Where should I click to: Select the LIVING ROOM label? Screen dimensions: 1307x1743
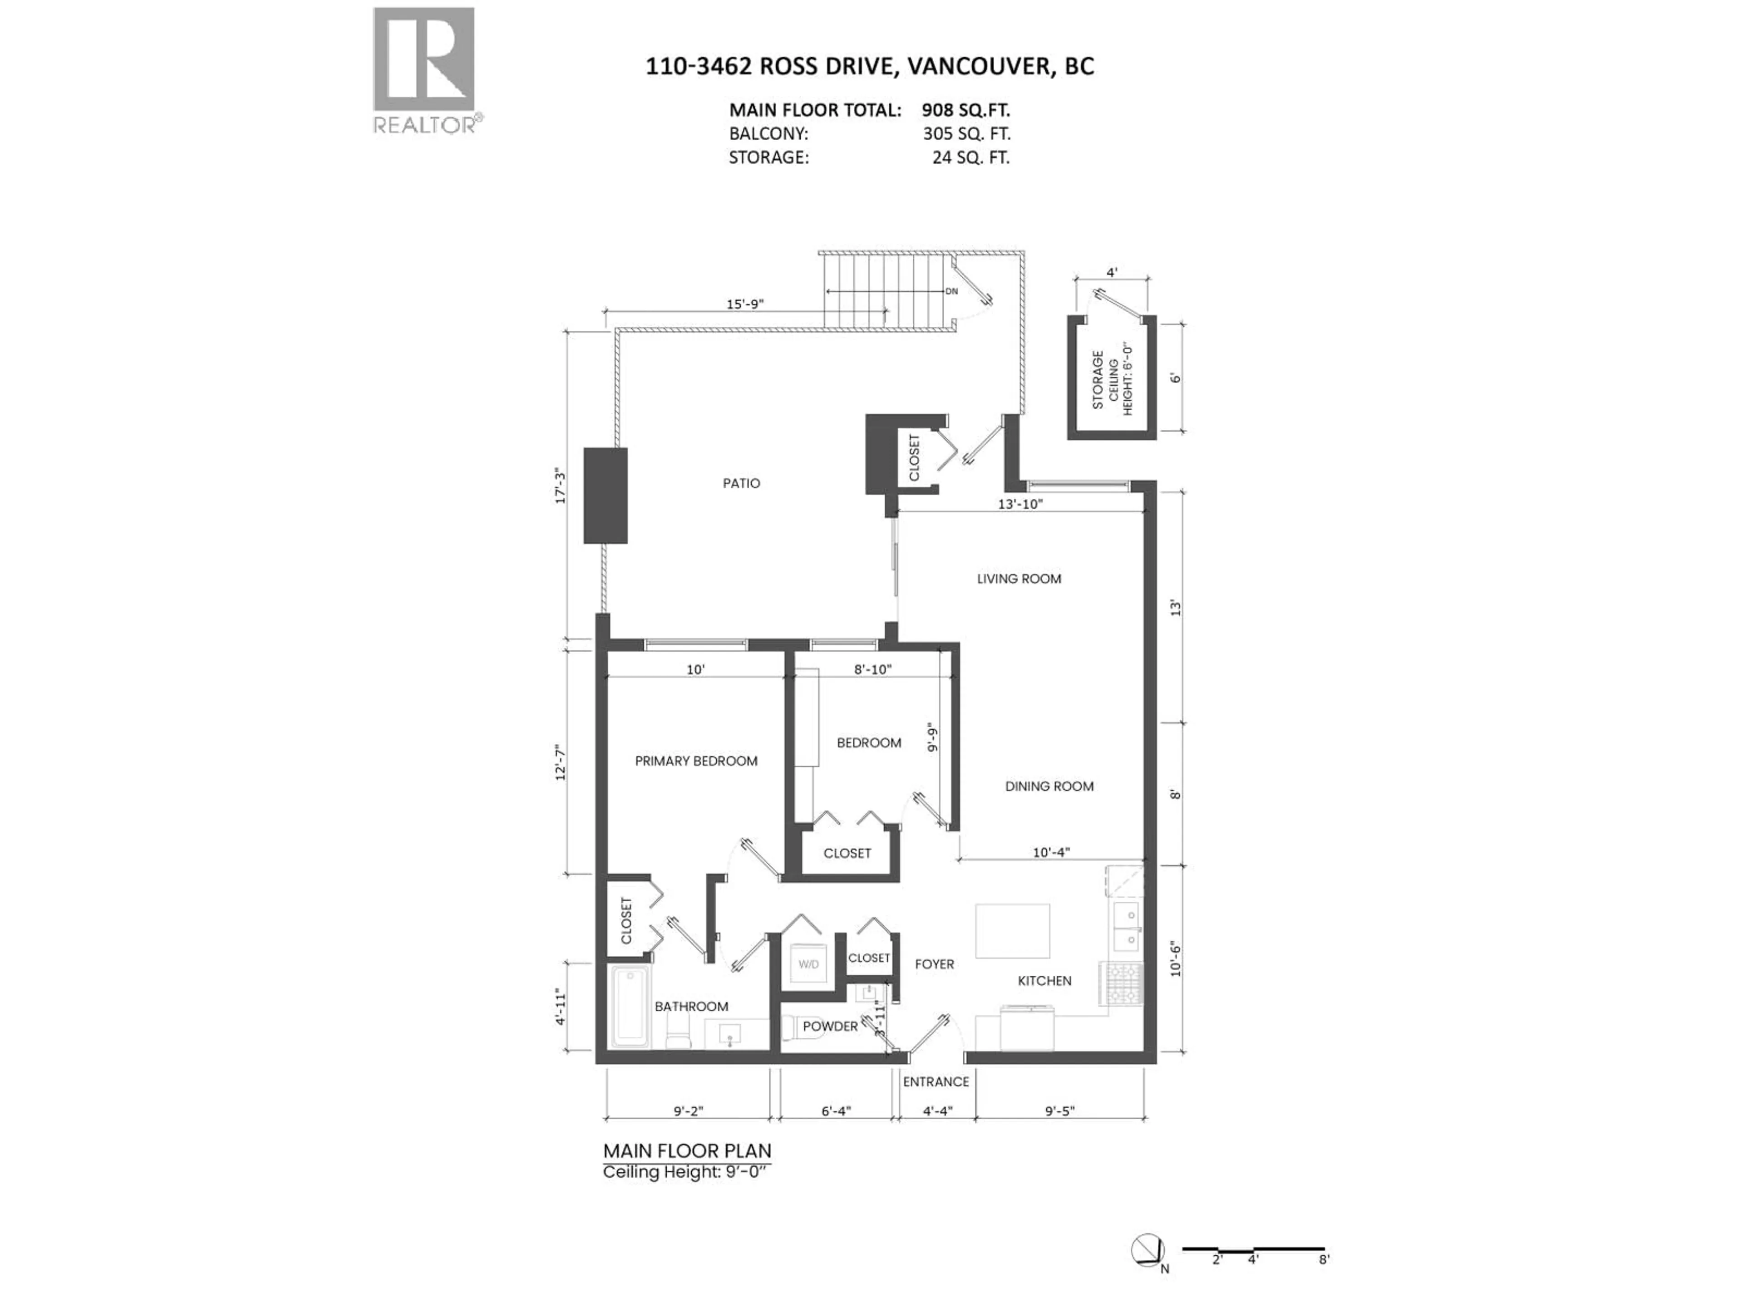tap(1019, 578)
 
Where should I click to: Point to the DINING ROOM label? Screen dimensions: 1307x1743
tap(1049, 786)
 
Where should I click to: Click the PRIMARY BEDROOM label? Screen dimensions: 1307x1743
tap(696, 760)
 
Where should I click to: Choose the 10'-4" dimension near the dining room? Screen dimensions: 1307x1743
tap(1051, 852)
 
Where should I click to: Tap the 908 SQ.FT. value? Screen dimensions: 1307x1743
tap(965, 110)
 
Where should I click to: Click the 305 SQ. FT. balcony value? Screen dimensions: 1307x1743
tap(966, 134)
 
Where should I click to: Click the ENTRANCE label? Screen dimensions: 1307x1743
tap(936, 1082)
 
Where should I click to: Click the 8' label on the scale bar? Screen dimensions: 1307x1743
tap(1324, 1281)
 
